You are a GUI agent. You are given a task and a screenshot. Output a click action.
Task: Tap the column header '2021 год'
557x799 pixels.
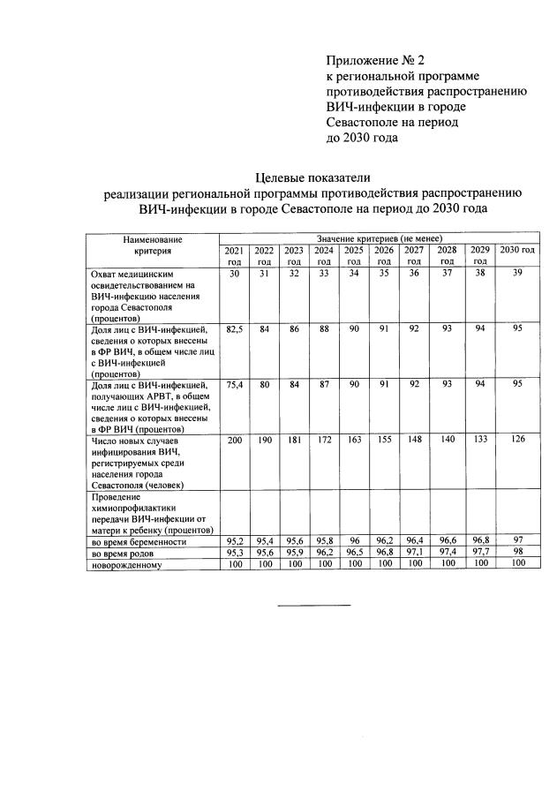(234, 255)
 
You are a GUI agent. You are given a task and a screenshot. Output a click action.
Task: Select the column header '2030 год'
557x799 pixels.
(517, 251)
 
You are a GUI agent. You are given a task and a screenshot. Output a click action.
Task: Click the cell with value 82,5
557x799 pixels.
(234, 329)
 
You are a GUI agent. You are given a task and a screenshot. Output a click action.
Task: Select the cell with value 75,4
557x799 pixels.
(234, 385)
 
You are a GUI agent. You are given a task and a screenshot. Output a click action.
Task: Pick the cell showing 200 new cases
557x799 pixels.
(234, 441)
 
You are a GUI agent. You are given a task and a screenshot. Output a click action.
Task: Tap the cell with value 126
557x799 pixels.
(517, 441)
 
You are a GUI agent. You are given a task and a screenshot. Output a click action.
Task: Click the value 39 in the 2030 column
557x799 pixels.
(517, 275)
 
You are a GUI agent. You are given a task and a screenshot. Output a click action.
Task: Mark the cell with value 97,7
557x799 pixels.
(479, 552)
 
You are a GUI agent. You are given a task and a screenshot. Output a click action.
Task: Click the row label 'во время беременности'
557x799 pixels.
(139, 541)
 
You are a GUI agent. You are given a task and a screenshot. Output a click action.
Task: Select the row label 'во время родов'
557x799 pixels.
(123, 553)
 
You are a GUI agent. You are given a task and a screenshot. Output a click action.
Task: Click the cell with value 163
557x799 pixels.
(354, 441)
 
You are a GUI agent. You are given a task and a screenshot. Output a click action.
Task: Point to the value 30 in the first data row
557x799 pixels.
(234, 275)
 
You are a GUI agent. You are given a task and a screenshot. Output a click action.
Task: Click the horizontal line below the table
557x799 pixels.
(314, 605)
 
